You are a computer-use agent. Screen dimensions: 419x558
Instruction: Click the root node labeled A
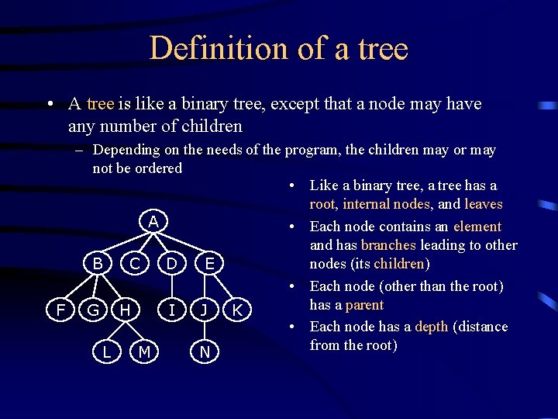[153, 222]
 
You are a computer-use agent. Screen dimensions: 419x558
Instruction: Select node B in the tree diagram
[98, 264]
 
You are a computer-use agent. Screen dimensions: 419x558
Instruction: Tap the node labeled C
[134, 265]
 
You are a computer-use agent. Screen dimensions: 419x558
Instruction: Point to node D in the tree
[172, 265]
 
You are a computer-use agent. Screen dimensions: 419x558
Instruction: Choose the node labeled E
[209, 265]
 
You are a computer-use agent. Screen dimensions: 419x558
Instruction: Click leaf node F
[60, 310]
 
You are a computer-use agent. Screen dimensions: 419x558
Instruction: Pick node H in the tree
[126, 310]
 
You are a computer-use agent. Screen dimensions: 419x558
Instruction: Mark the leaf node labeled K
[238, 310]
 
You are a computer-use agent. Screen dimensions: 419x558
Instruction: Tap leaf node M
[143, 352]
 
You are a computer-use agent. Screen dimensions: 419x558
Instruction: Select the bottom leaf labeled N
[205, 352]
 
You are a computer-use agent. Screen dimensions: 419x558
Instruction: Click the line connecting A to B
[126, 243]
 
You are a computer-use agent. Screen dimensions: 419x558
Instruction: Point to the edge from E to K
[224, 288]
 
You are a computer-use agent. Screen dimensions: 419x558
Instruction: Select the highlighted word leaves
[484, 204]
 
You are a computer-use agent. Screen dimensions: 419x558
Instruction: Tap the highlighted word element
[477, 227]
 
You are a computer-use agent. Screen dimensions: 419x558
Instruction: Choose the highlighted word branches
[388, 245]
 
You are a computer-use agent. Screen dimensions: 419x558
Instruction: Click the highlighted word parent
[364, 305]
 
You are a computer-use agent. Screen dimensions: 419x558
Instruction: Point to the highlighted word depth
[431, 327]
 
